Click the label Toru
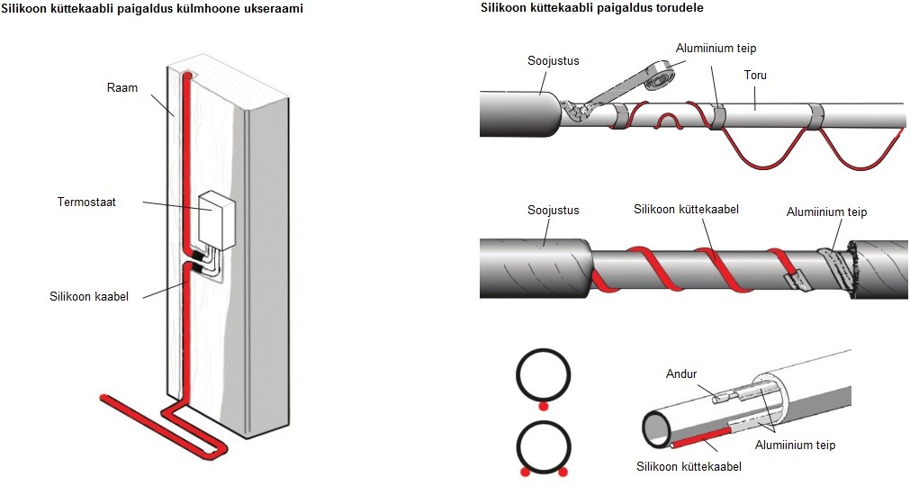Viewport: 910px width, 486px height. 755,76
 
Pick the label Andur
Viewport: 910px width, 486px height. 680,373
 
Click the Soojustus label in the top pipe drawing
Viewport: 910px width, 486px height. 553,61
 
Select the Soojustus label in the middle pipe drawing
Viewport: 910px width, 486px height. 553,210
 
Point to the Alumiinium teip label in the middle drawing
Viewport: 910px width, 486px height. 826,212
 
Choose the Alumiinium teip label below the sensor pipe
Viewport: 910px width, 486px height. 795,445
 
